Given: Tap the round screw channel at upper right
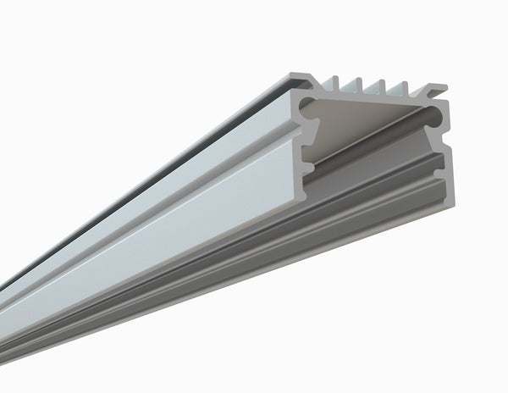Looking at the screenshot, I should (434, 113).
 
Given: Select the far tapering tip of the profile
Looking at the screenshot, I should (3, 288).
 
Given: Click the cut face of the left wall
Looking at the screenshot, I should (297, 140).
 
